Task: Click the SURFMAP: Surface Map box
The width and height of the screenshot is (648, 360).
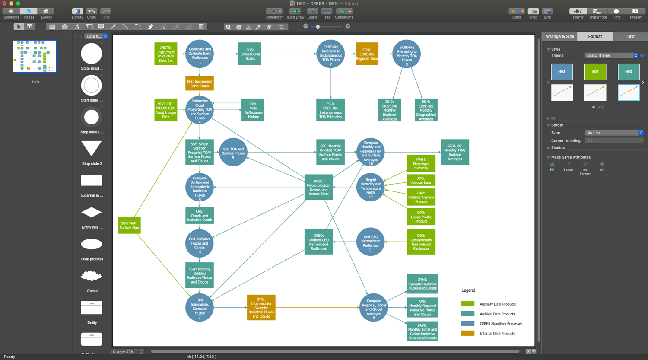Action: [129, 225]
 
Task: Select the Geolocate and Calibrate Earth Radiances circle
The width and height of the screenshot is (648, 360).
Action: [200, 54]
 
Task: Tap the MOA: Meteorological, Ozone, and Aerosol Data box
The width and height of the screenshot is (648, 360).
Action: [318, 187]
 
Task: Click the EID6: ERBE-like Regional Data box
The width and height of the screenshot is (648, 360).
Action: [367, 54]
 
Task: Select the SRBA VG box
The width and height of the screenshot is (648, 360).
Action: [454, 152]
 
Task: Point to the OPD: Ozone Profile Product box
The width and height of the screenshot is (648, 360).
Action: [421, 217]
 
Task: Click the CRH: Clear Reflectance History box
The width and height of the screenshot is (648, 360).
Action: [253, 110]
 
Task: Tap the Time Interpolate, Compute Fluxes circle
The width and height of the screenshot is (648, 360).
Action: [200, 307]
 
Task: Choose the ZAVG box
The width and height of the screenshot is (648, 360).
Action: [422, 331]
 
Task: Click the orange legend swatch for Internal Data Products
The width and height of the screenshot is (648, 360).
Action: [467, 333]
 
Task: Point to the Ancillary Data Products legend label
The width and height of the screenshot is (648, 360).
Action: [498, 304]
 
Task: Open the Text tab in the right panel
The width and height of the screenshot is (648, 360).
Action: [630, 36]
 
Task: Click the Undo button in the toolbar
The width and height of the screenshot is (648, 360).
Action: [92, 13]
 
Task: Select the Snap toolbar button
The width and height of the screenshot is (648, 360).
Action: [533, 13]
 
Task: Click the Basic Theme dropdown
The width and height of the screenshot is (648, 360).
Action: [611, 55]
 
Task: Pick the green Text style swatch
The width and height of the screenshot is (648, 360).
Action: [595, 71]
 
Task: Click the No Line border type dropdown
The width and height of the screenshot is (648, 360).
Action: [614, 133]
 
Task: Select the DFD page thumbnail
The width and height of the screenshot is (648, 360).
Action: [35, 57]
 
